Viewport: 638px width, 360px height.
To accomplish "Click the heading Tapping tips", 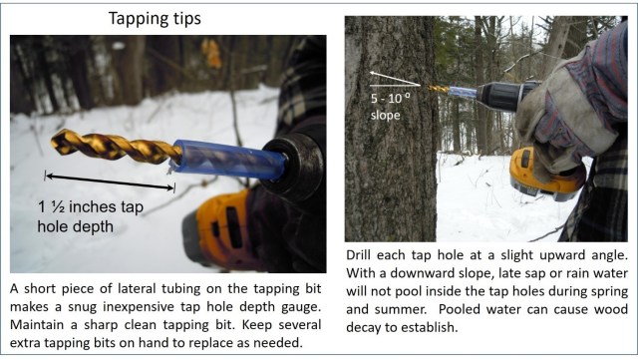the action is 155,19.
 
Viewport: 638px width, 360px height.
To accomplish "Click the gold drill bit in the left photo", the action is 116,147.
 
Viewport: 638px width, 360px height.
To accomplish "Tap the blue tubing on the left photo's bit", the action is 228,160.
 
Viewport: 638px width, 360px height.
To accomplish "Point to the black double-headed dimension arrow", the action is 110,181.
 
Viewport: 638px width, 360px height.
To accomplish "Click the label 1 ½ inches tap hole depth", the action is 91,216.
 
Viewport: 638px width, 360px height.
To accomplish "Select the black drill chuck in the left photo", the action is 293,166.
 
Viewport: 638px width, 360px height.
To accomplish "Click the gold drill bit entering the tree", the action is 439,89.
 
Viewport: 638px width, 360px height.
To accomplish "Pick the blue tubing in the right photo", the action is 462,91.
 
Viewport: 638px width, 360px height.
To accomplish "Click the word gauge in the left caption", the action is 300,307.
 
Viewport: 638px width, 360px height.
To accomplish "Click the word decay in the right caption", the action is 364,327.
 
